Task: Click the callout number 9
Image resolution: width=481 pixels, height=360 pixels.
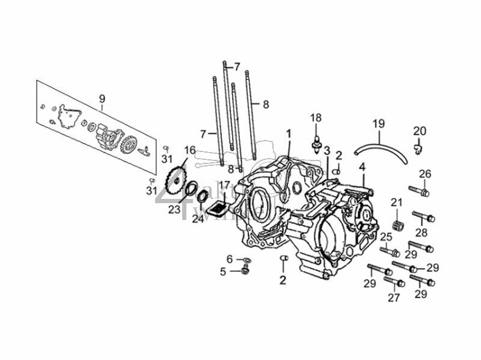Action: coord(102,99)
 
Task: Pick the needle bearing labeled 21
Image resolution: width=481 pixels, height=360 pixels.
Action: coord(396,222)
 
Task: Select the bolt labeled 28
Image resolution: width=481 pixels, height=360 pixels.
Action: coord(423,216)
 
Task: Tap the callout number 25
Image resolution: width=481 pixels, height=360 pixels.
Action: coord(385,236)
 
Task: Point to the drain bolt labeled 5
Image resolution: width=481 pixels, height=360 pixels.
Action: coord(245,271)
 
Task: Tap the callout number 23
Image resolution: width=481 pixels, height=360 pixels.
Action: coord(174,210)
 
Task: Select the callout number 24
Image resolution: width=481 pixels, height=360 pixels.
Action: coord(198,219)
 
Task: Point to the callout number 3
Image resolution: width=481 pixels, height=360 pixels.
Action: coord(326,150)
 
